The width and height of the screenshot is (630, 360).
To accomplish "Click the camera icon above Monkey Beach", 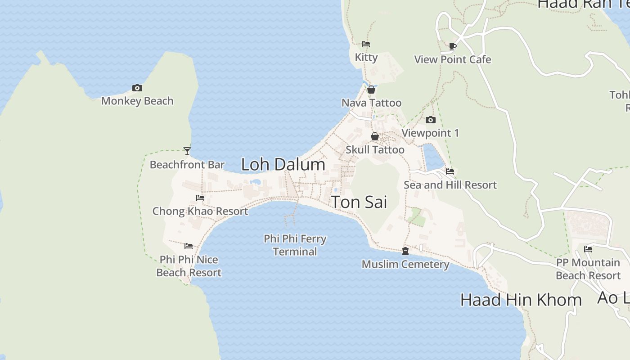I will (x=137, y=88).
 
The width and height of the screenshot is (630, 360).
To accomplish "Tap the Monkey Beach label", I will (x=137, y=101).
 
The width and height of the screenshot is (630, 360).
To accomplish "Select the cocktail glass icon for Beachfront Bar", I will (x=187, y=151).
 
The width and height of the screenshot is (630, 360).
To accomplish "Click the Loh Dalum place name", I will (x=283, y=164).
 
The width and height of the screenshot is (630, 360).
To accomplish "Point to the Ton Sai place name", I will (x=359, y=202).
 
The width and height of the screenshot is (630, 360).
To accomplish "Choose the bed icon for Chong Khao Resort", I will (x=200, y=198).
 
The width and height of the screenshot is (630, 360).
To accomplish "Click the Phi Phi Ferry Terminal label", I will (x=295, y=245).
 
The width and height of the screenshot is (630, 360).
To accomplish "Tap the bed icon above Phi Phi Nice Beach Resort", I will (x=189, y=246).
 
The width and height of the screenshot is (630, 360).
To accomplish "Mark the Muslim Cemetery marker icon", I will (x=405, y=251).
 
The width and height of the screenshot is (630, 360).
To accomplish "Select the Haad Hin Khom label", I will (x=521, y=300).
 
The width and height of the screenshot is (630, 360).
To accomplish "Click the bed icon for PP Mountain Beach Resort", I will (x=588, y=249).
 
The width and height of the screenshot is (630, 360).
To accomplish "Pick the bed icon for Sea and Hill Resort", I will (x=450, y=171).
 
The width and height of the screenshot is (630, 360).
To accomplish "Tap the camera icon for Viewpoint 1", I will (x=431, y=120).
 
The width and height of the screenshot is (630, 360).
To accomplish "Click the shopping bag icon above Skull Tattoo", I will (x=374, y=136).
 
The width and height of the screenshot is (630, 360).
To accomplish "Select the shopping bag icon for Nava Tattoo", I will (x=371, y=90).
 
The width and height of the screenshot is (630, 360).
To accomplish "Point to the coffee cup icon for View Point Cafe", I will (x=453, y=46).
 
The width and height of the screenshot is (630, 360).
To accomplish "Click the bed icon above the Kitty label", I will (x=366, y=44).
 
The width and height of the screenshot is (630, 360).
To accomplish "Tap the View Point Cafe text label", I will (x=453, y=59).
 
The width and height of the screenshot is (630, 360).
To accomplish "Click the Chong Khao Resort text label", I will (x=200, y=211).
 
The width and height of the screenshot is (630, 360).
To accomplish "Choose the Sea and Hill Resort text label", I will (x=450, y=185).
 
